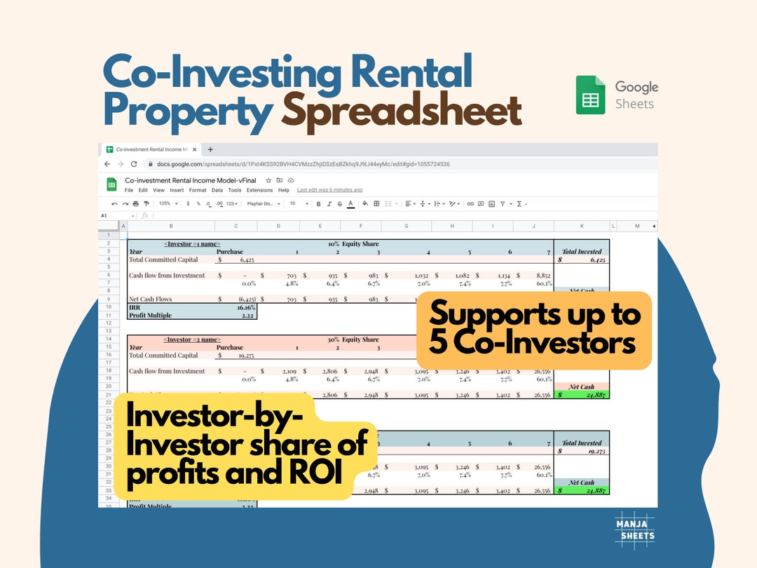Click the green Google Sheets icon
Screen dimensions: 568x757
[590, 95]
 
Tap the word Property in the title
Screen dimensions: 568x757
[187, 112]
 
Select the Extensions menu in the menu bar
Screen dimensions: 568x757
[259, 190]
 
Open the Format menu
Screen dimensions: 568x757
[198, 190]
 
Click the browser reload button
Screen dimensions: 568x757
[134, 164]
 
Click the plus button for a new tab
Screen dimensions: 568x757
[210, 149]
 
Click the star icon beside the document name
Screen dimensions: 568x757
[268, 180]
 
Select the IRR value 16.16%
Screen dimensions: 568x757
[245, 307]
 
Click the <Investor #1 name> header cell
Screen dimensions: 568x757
[192, 244]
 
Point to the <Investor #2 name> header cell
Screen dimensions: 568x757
[192, 339]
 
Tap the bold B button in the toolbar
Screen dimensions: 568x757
[318, 203]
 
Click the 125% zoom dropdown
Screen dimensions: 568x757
[168, 203]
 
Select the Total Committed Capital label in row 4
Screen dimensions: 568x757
[163, 259]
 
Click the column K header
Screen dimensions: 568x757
[581, 226]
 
